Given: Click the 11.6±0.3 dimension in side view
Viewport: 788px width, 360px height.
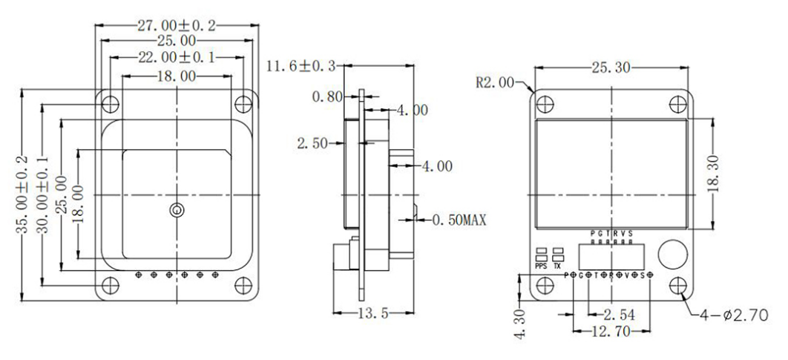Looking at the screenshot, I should point(299,66).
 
